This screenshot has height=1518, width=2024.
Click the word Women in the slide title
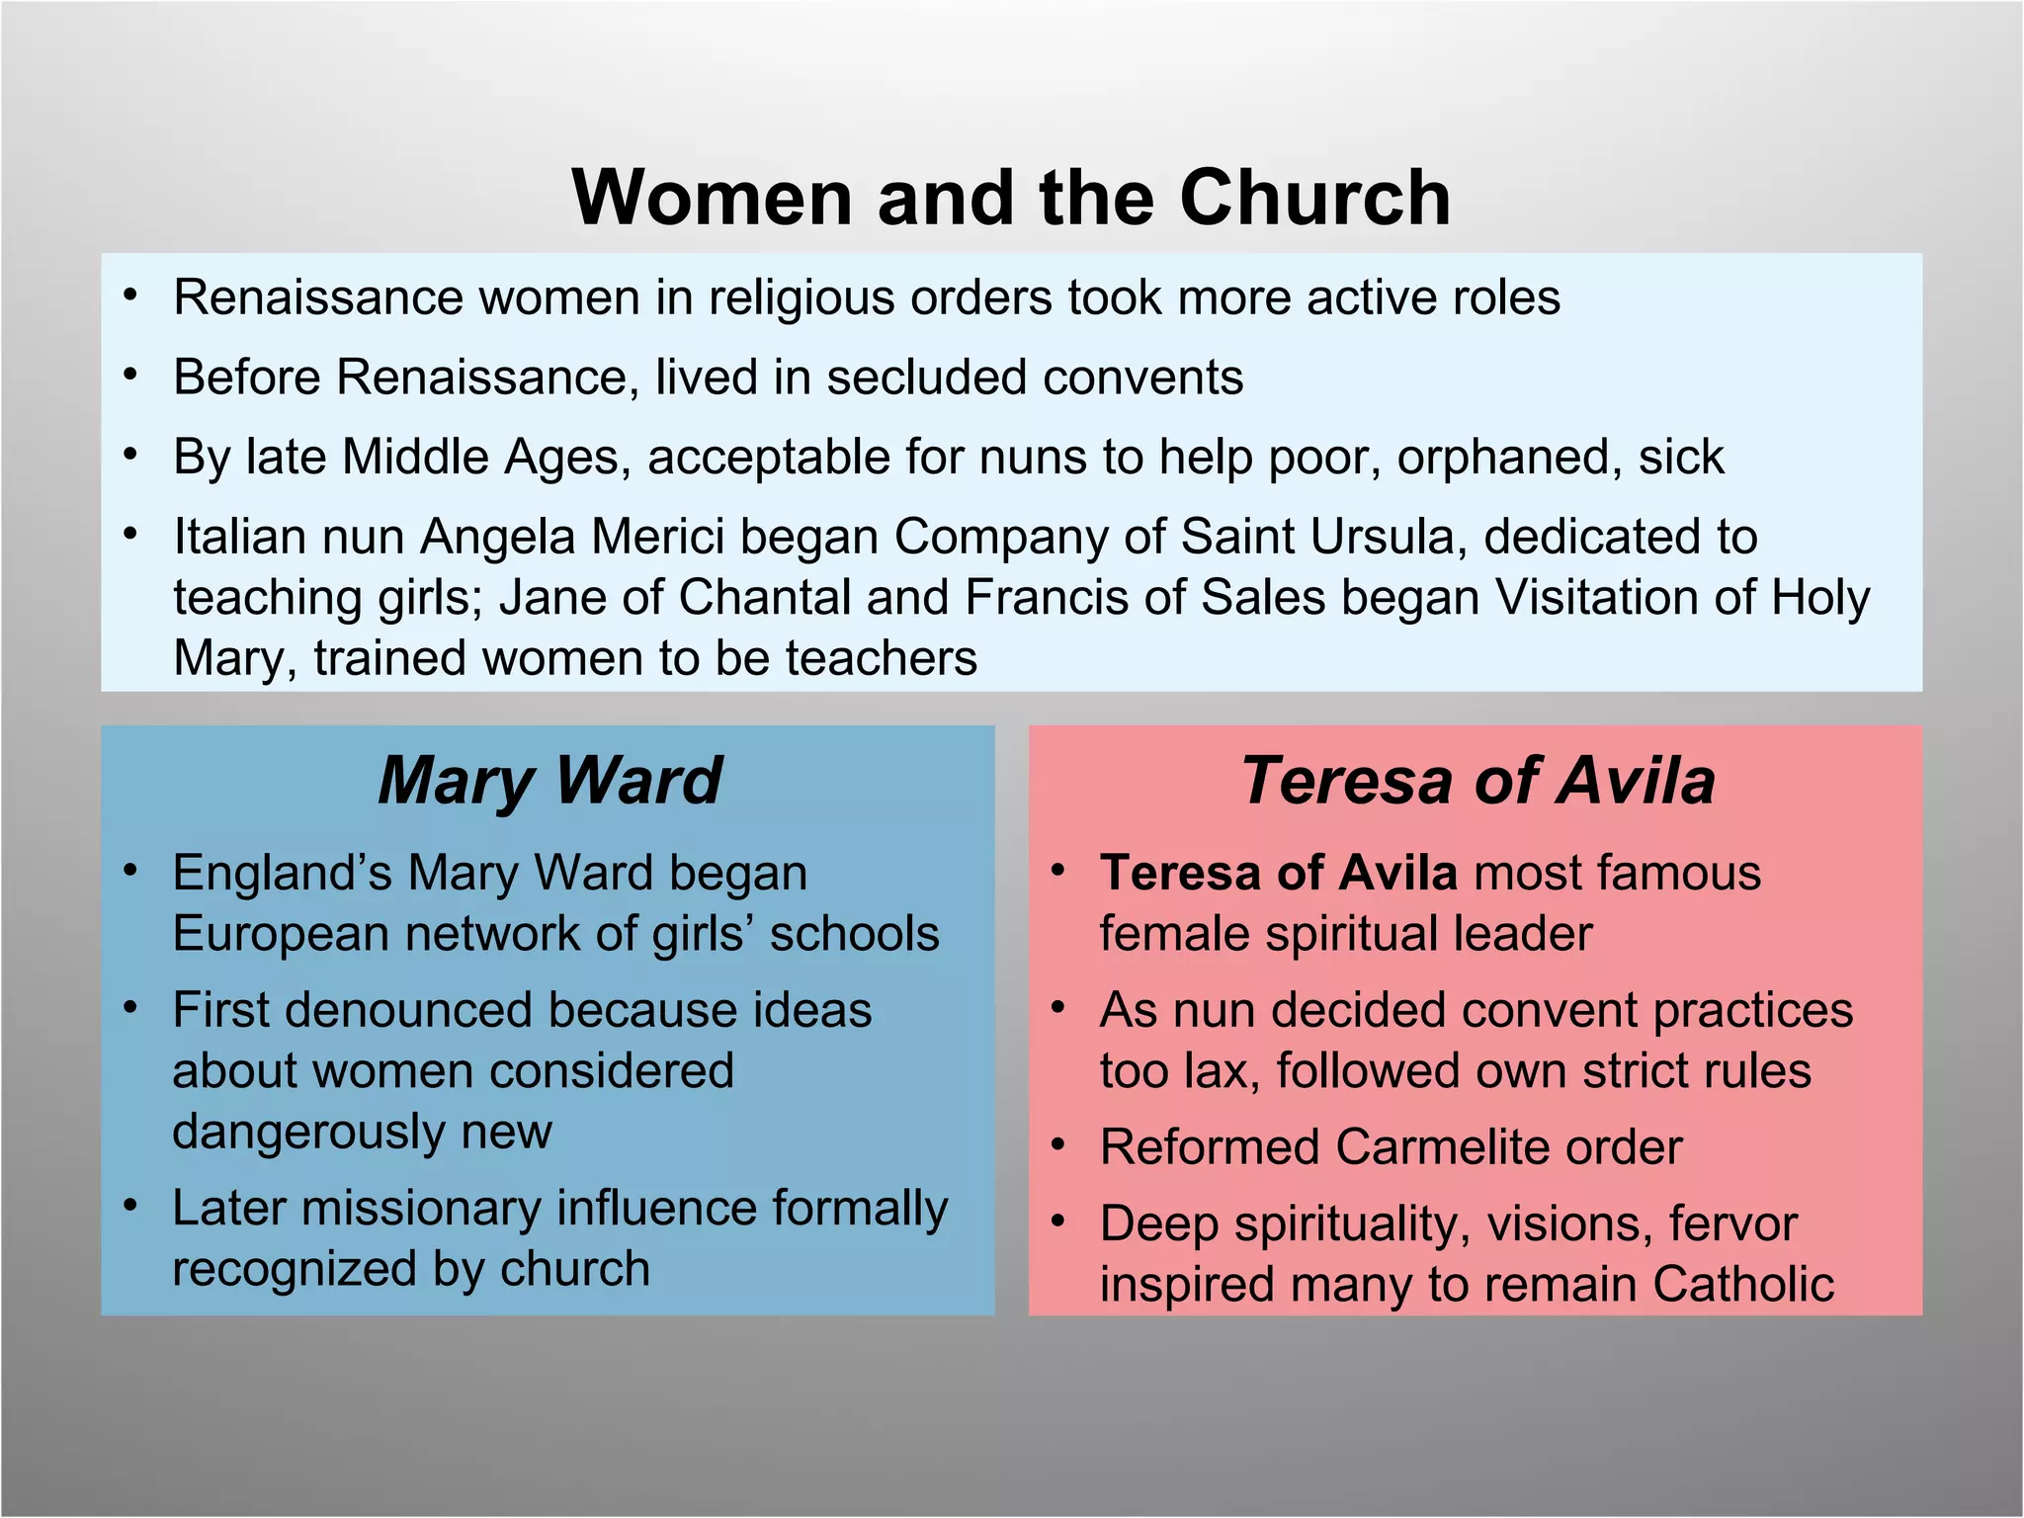(x=712, y=198)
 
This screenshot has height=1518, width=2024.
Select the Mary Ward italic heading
(x=549, y=781)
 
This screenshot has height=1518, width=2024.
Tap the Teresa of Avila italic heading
(x=1477, y=781)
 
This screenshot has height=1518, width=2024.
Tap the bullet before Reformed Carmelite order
(x=1058, y=1145)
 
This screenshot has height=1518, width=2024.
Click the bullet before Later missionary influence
(x=130, y=1206)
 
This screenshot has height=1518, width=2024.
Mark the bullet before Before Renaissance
(x=130, y=376)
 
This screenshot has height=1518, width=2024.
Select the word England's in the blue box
(x=282, y=874)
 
